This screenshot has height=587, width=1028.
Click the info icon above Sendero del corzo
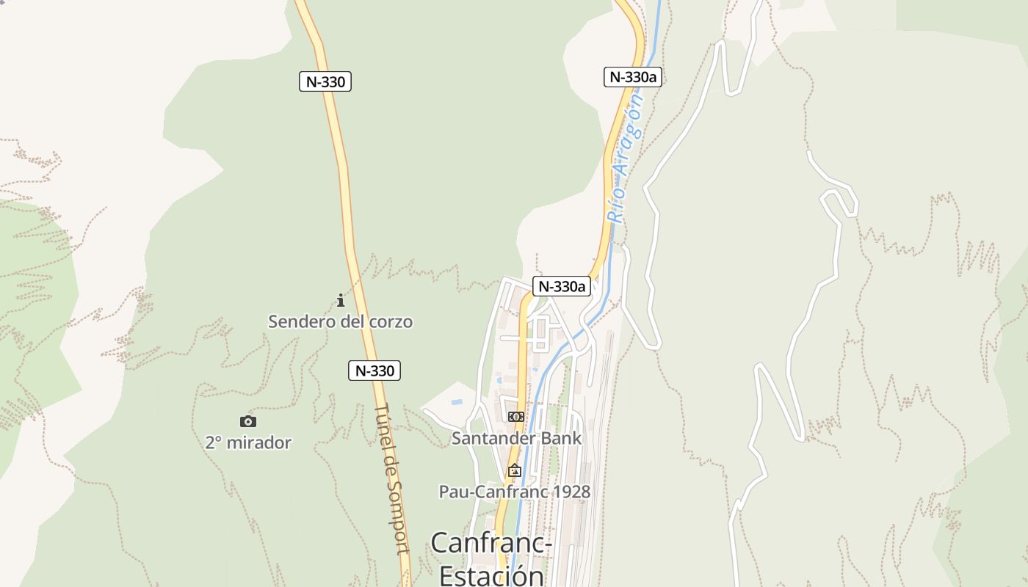(340, 300)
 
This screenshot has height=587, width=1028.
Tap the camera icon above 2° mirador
(248, 421)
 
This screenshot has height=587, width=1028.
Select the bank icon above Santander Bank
(515, 416)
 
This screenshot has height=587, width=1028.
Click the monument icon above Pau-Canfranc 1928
(514, 470)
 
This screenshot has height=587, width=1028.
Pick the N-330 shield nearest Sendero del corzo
(374, 371)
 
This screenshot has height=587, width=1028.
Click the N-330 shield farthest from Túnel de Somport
(325, 81)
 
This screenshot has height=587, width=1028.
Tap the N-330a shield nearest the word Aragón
(633, 77)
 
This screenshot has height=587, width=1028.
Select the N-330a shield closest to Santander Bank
(562, 286)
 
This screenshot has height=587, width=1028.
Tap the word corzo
(389, 321)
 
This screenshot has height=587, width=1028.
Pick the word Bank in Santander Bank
(562, 439)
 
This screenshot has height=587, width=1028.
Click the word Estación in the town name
(491, 575)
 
